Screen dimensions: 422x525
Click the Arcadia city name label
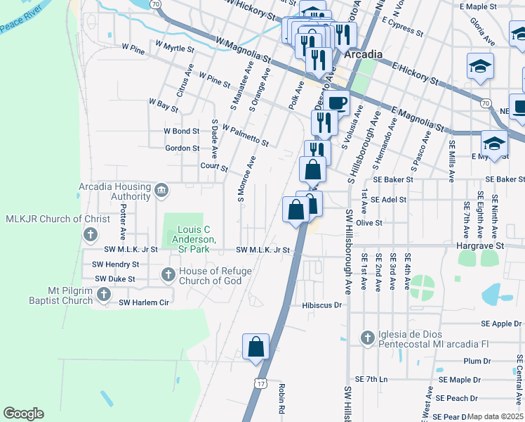364,54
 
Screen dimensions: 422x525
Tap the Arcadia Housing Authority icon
161,189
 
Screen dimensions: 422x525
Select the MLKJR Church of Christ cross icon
91,234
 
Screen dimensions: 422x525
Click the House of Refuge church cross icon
168,274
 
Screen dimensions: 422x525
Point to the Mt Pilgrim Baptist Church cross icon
104,295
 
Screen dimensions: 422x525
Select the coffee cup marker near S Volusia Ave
336,102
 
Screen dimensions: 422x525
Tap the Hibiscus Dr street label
321,305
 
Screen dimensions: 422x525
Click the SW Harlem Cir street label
145,302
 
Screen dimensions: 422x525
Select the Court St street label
214,168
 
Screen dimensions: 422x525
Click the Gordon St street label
182,148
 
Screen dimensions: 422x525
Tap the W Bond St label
182,131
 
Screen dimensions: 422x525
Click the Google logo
23,414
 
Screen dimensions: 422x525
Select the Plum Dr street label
477,361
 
